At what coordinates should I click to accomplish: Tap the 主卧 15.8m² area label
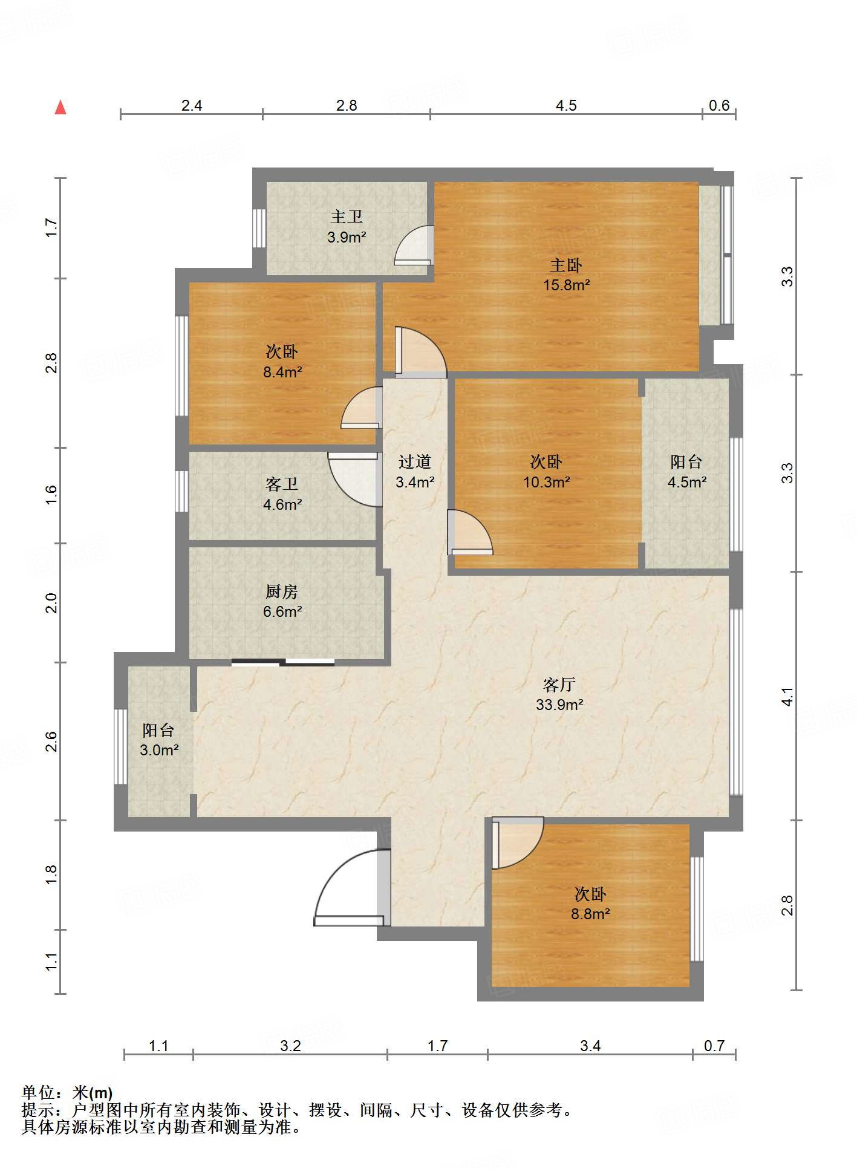566,275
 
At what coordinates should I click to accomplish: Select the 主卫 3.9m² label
347,227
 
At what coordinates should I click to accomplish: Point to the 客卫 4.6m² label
282,494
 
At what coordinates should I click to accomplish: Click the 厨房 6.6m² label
282,601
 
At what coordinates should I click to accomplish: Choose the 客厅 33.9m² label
559,694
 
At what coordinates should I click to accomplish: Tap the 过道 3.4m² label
414,472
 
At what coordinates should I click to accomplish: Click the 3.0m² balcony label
158,740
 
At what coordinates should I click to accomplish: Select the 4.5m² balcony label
686,472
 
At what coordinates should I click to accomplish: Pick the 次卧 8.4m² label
282,361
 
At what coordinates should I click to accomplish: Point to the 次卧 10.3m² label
546,472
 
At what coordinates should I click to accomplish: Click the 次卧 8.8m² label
590,904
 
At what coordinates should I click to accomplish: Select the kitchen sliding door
283,662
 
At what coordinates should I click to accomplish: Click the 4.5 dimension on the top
566,105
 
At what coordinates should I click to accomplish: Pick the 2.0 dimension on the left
51,602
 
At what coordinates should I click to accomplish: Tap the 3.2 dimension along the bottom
290,1046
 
